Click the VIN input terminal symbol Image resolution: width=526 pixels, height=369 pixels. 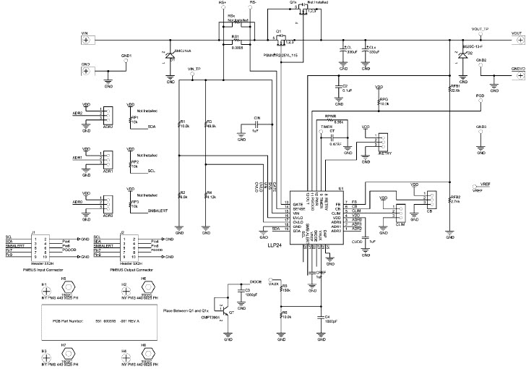(87, 41)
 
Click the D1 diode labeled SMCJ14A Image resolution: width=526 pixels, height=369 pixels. (171, 54)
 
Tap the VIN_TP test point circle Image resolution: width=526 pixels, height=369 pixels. (194, 75)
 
